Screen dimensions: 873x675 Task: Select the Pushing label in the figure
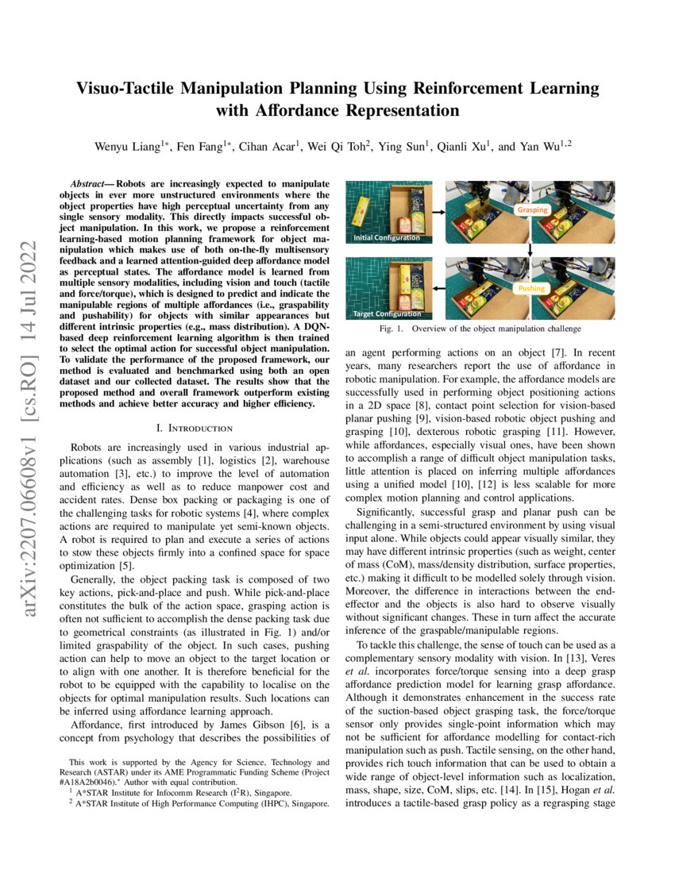click(x=532, y=289)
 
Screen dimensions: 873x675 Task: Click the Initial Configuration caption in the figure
click(x=388, y=237)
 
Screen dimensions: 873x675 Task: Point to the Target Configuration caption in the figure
click(x=388, y=314)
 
